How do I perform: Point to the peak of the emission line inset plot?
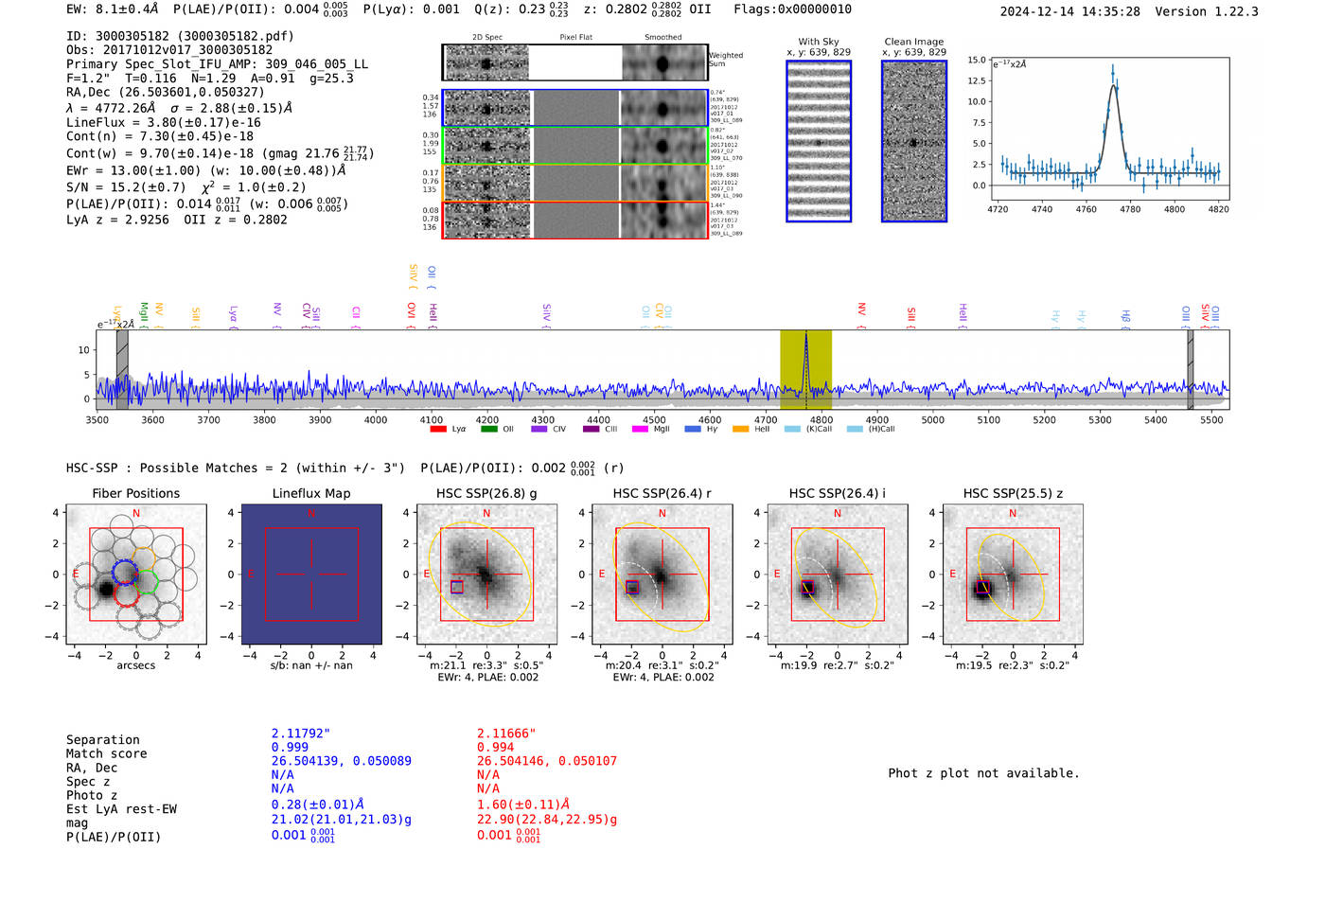[x=1113, y=68]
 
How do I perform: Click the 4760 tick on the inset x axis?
[x=1086, y=209]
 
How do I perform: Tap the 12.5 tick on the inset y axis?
[x=976, y=80]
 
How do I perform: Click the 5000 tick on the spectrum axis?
[x=933, y=419]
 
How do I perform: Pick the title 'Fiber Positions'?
[x=135, y=493]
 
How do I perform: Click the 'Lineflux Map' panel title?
[x=311, y=493]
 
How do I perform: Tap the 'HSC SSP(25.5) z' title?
[x=1013, y=493]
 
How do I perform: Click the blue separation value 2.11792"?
[x=301, y=734]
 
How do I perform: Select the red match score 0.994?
[x=496, y=747]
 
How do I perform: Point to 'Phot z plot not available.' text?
[x=983, y=773]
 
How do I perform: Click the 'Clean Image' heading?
[x=913, y=42]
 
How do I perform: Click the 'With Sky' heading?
[x=819, y=42]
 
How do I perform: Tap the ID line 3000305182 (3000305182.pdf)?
[x=180, y=36]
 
